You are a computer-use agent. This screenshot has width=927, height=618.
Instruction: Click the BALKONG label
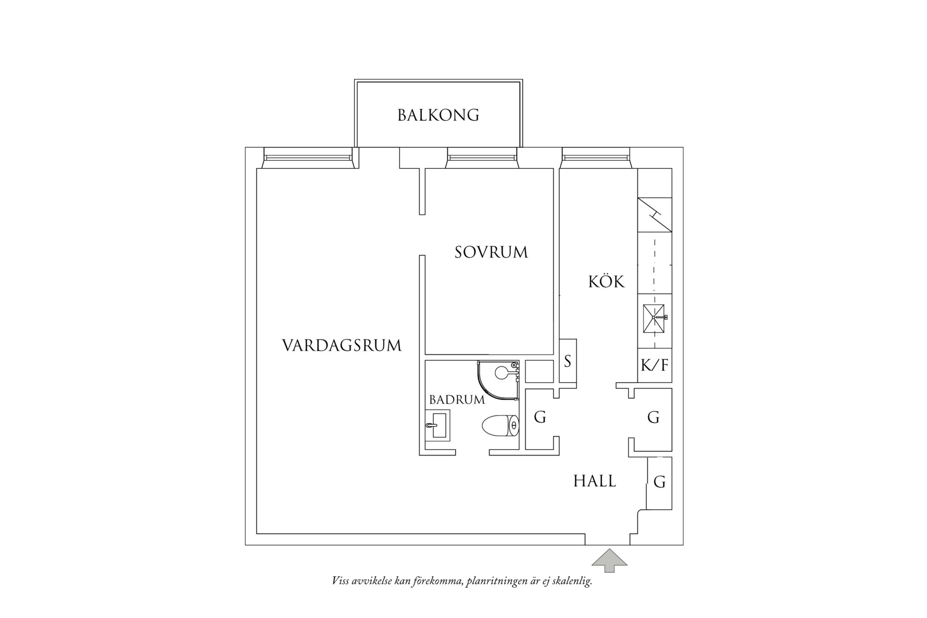coord(438,115)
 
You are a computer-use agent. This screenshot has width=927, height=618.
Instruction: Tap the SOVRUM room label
coord(491,253)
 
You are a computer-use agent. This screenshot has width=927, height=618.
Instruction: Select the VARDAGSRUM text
coord(342,346)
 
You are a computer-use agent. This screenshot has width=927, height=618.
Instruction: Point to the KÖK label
coord(606,282)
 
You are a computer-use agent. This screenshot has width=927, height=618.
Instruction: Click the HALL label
coord(594,481)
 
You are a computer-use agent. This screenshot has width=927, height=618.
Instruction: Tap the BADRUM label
coord(457,400)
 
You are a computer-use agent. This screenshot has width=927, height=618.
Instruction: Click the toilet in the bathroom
coord(500,426)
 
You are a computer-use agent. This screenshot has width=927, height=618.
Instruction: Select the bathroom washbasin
coord(437,425)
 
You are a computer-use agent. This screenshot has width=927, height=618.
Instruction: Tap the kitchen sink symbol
coord(655,317)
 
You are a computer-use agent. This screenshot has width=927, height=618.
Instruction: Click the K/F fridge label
coord(654,365)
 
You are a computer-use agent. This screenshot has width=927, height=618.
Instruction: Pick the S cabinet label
coord(568,361)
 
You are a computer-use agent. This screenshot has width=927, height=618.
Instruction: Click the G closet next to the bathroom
coord(540,417)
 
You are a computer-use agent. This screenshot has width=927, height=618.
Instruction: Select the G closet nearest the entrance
coord(659,482)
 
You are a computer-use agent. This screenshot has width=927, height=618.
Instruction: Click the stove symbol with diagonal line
coord(655,214)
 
